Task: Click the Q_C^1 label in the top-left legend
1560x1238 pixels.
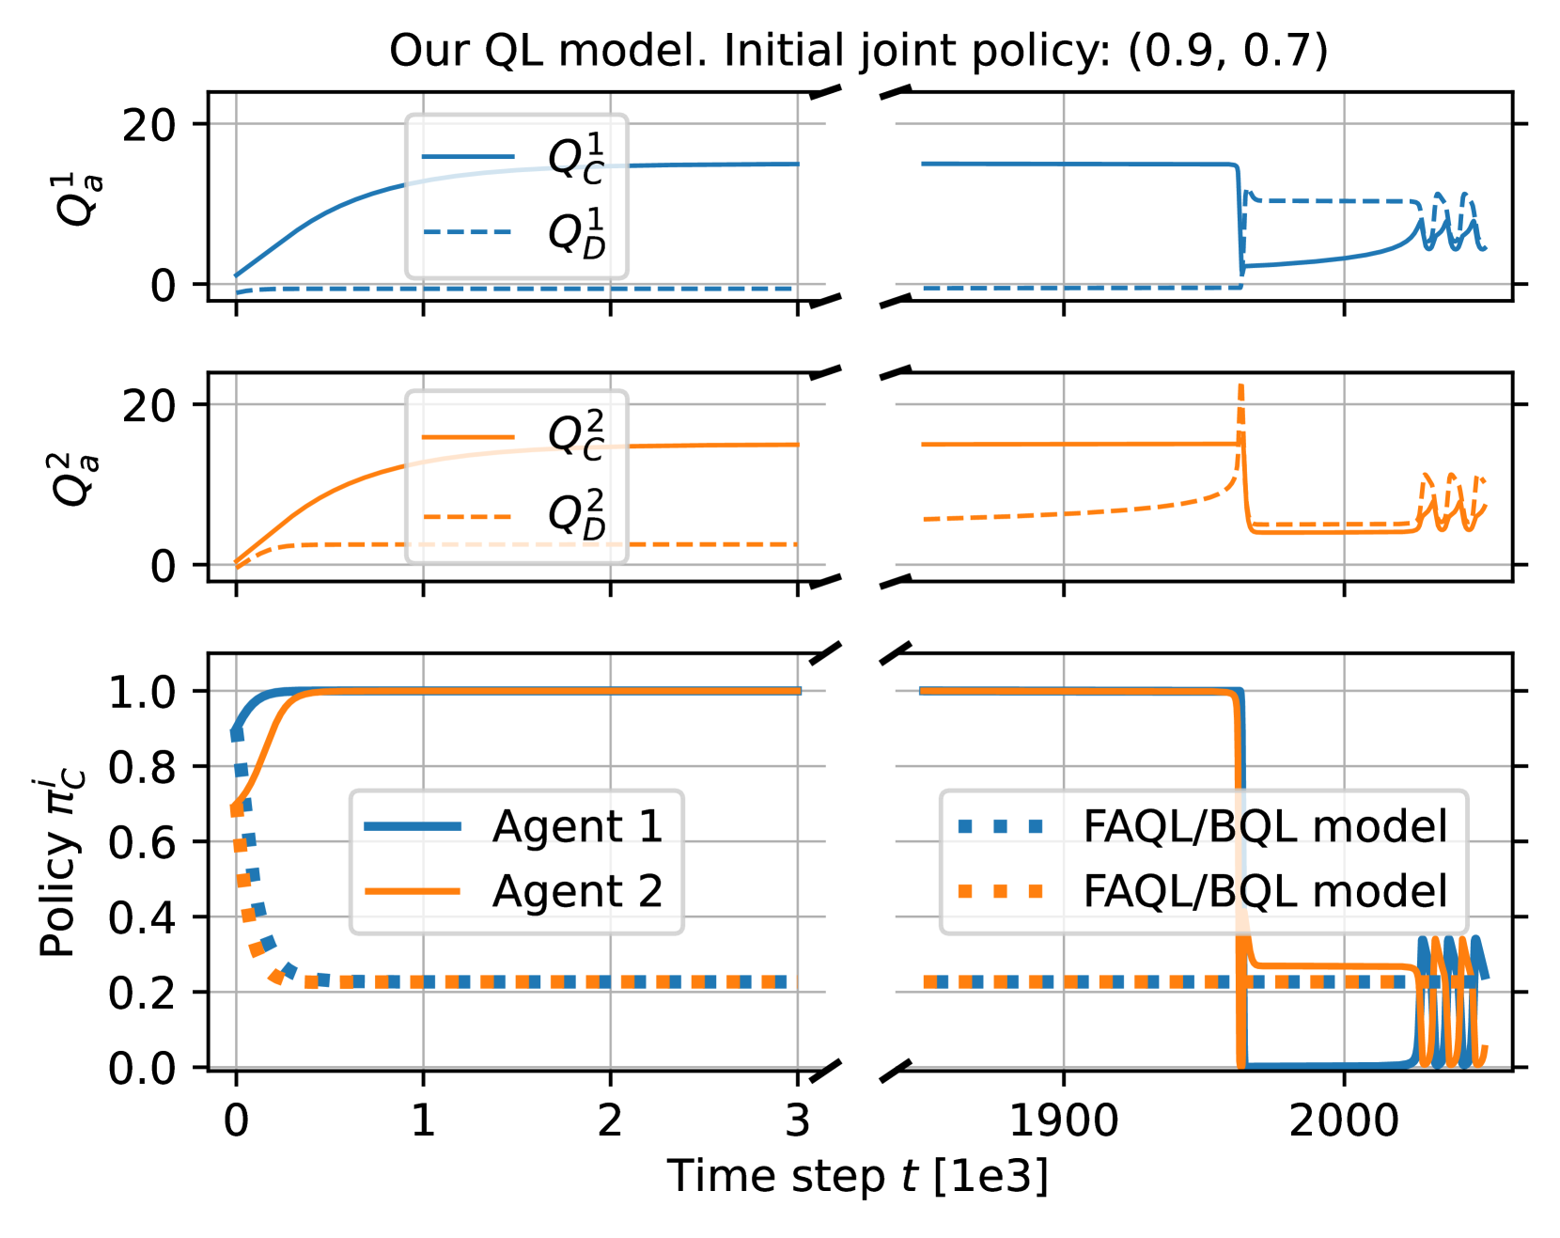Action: pyautogui.click(x=576, y=158)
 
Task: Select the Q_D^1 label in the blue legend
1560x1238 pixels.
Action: pyautogui.click(x=576, y=232)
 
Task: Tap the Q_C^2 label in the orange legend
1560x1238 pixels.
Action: pyautogui.click(x=576, y=434)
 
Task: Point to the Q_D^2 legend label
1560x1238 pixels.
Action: pyautogui.click(x=576, y=514)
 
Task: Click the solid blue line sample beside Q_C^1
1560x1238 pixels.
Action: pyautogui.click(x=468, y=156)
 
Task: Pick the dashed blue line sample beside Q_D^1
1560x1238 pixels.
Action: pyautogui.click(x=468, y=231)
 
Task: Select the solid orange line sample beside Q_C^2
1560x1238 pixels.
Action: pyautogui.click(x=468, y=436)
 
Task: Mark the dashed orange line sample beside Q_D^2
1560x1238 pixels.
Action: pyautogui.click(x=468, y=516)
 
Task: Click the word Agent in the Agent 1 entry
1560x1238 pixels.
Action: pyautogui.click(x=557, y=826)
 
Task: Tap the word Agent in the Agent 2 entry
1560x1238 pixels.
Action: pyautogui.click(x=557, y=891)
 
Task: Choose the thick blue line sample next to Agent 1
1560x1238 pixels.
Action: pyautogui.click(x=413, y=826)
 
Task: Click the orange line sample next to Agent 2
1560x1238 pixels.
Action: pyautogui.click(x=413, y=891)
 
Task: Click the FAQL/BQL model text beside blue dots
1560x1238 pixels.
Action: pyautogui.click(x=1265, y=826)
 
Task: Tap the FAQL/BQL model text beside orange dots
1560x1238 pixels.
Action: pyautogui.click(x=1265, y=891)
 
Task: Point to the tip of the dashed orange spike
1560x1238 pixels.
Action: pyautogui.click(x=1241, y=385)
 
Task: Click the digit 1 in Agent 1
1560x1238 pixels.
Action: pyautogui.click(x=650, y=826)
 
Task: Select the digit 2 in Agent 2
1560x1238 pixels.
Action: pyautogui.click(x=650, y=891)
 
